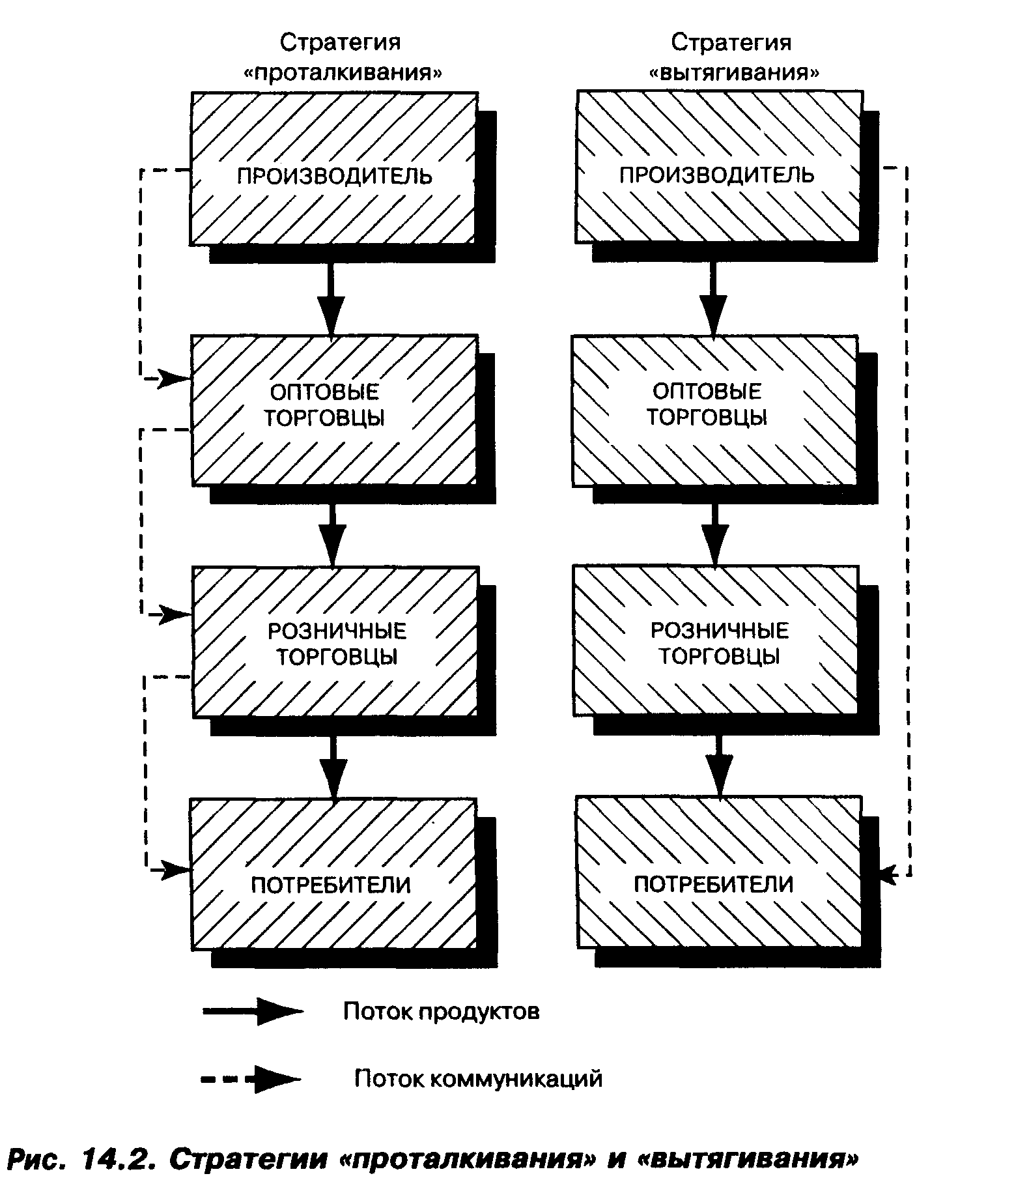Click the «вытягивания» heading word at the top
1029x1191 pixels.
click(x=734, y=72)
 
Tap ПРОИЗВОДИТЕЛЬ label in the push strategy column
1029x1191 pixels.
click(x=334, y=177)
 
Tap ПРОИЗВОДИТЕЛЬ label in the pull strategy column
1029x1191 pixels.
click(x=716, y=175)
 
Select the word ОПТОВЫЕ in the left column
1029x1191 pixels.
click(x=324, y=392)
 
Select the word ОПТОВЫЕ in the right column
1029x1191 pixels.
click(x=707, y=391)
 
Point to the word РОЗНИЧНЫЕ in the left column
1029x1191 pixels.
click(x=337, y=631)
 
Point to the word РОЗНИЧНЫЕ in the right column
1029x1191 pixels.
click(x=720, y=630)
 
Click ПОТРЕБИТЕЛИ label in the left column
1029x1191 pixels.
click(x=331, y=885)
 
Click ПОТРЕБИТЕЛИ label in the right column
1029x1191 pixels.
click(x=714, y=884)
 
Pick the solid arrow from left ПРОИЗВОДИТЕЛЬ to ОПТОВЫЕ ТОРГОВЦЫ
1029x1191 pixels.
click(x=331, y=299)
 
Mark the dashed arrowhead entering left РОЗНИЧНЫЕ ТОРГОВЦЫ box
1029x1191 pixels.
click(x=173, y=614)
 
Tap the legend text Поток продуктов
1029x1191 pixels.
click(x=441, y=1012)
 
